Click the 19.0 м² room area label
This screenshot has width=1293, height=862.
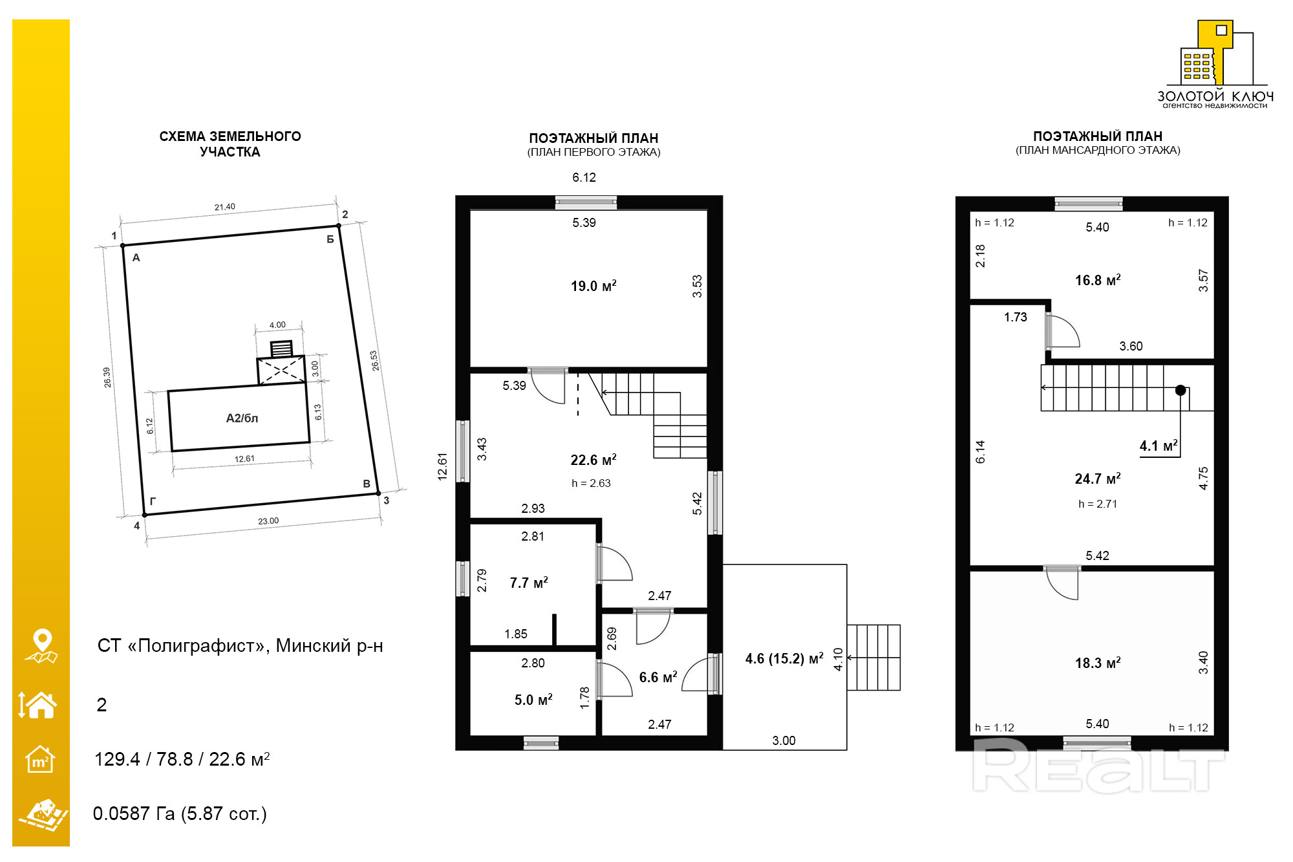pos(593,286)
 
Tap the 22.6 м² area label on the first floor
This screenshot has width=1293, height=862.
pos(593,460)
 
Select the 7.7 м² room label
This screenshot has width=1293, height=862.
pos(529,583)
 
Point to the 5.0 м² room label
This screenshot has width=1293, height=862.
pos(533,700)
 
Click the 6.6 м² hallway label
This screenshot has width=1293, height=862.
pos(658,677)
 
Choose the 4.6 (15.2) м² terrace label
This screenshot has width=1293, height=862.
pos(784,658)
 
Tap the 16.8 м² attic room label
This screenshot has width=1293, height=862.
pos(1098,280)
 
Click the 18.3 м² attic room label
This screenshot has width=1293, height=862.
pos(1098,663)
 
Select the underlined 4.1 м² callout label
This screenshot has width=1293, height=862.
pos(1159,446)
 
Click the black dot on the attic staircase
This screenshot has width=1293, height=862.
pos(1181,390)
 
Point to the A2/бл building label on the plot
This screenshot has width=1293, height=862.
pos(242,418)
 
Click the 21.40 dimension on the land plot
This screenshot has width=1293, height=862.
pos(225,207)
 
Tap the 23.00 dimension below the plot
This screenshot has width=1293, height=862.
pos(268,521)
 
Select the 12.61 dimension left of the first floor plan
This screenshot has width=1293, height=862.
pos(442,466)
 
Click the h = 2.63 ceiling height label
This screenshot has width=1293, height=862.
pos(591,483)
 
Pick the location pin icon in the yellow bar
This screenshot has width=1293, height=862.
pos(42,645)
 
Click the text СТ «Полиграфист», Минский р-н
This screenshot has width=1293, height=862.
pos(240,645)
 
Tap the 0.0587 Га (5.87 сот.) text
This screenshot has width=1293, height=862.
pos(180,814)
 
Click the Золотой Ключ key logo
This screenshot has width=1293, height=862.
pos(1215,64)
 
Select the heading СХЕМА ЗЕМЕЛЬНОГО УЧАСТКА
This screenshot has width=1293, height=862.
pos(230,144)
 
